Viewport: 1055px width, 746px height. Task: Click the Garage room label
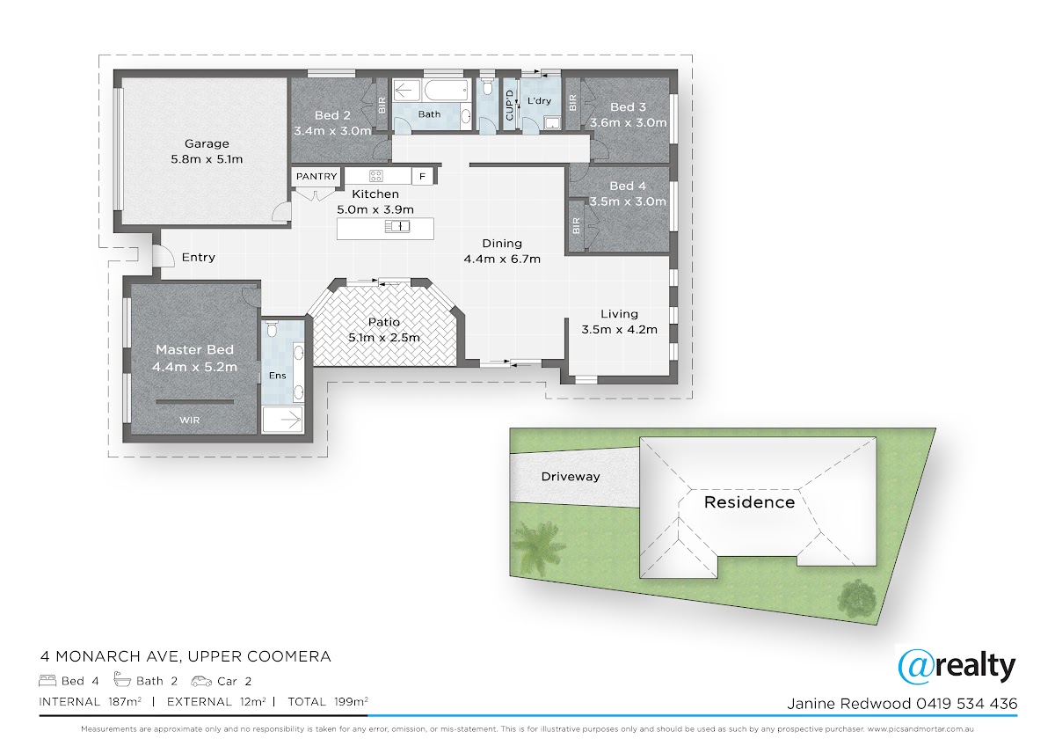click(207, 143)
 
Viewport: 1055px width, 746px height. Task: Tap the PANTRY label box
click(316, 176)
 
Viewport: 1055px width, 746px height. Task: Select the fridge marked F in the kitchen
click(423, 177)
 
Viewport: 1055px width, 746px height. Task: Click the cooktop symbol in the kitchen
click(376, 176)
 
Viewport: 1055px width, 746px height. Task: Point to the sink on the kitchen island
click(397, 227)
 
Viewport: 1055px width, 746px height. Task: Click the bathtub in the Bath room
click(447, 90)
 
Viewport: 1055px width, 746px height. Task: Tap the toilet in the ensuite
click(272, 329)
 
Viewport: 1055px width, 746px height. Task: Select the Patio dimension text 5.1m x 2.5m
click(384, 338)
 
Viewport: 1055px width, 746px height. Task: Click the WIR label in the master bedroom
click(189, 420)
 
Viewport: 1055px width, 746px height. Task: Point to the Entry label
click(199, 257)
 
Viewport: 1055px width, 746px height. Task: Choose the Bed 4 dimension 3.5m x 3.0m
click(628, 201)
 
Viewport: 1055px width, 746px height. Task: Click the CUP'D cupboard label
click(509, 105)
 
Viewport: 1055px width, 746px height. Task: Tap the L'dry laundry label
click(539, 101)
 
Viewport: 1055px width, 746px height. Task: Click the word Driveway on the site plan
click(571, 477)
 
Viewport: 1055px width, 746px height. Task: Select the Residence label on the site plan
click(749, 502)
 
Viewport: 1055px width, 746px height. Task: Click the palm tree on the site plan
click(538, 545)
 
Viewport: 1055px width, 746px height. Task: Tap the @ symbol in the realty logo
click(914, 667)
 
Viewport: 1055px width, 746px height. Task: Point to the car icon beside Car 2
click(201, 681)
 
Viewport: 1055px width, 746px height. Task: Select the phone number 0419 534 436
click(966, 704)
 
